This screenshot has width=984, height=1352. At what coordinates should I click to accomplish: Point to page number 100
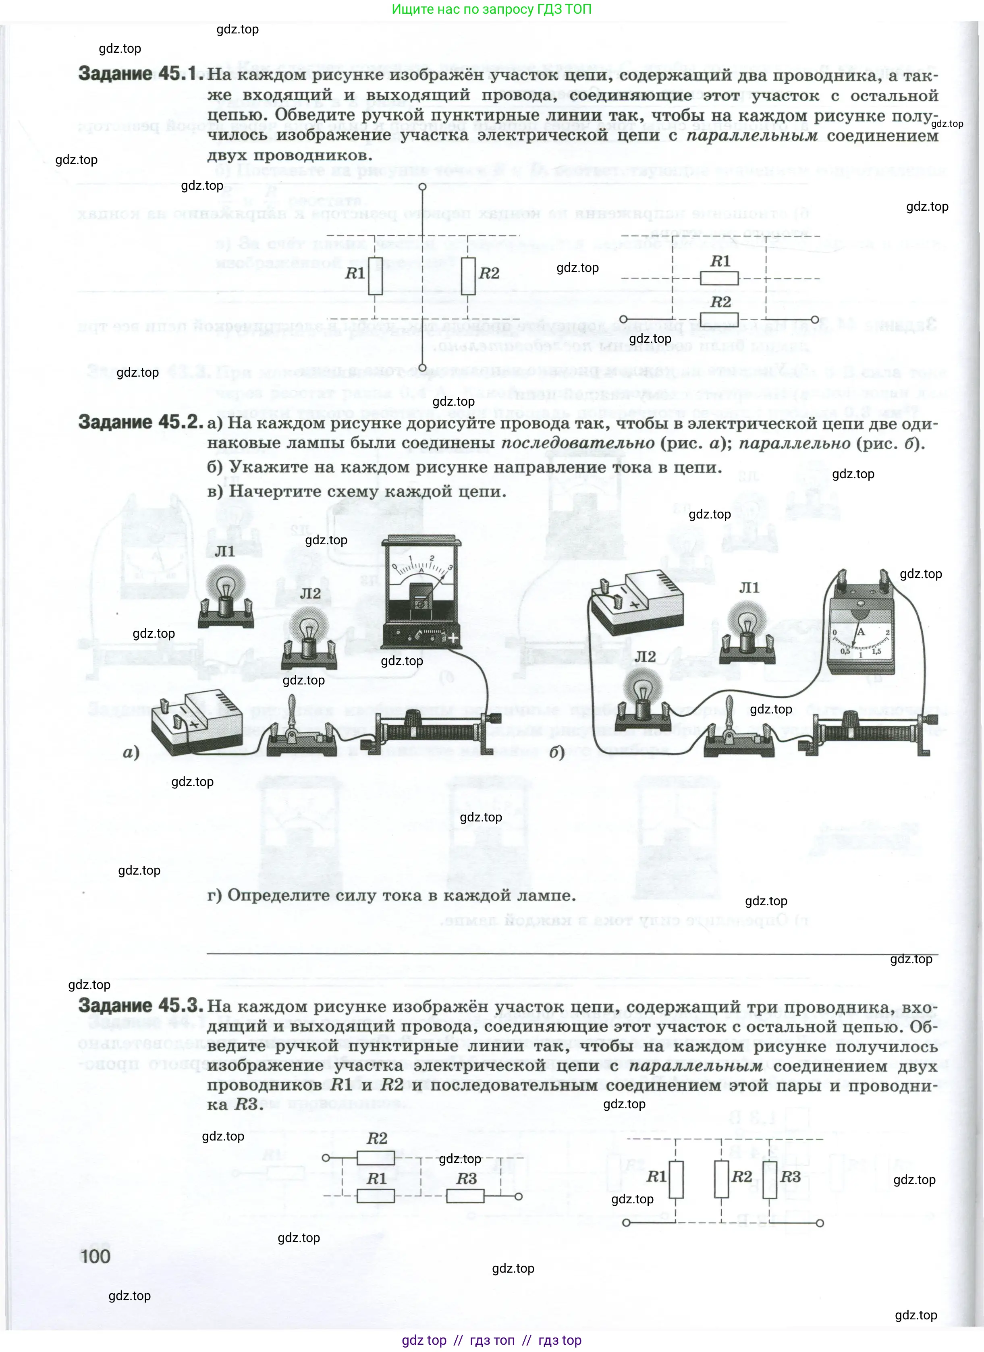coord(95,1257)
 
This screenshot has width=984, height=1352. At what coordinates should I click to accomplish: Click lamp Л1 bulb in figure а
coord(225,584)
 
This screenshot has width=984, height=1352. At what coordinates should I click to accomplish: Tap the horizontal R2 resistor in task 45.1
coord(719,319)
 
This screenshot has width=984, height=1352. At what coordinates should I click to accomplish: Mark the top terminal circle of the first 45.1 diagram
coord(422,187)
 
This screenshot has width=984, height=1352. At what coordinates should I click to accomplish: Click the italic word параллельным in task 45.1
coord(752,136)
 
